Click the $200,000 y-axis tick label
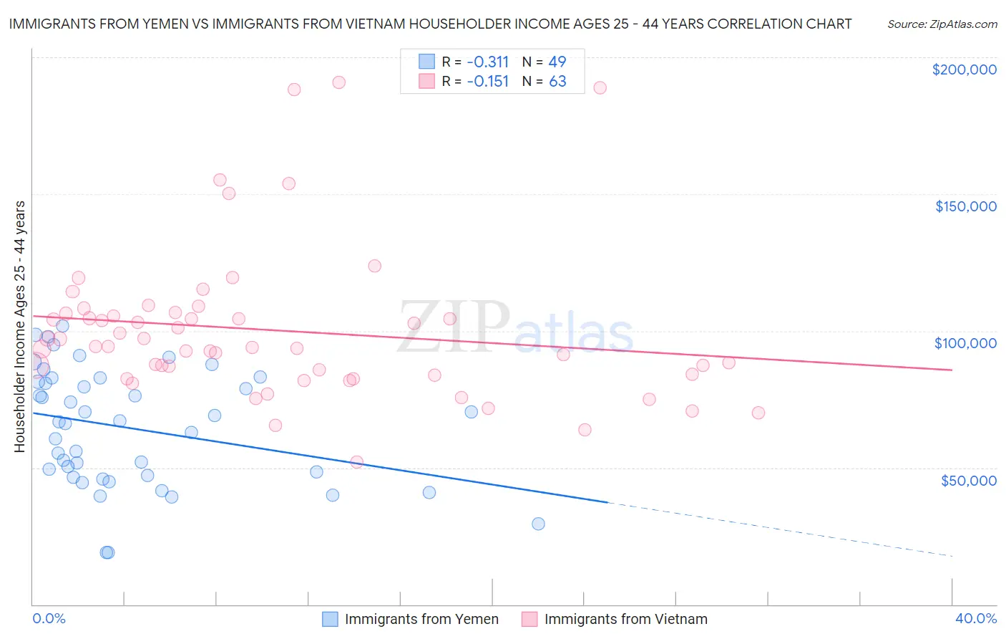pos(964,69)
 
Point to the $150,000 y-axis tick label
pos(965,206)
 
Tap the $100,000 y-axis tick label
pos(965,343)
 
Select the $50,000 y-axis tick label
pos(968,480)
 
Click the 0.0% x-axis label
pos(49,618)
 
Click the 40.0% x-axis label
pos(975,618)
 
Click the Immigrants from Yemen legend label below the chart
pos(421,619)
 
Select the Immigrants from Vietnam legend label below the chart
pos(625,619)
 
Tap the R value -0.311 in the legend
pos(487,62)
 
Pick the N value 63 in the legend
pos(557,82)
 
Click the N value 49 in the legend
pos(557,62)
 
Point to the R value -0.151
pos(487,82)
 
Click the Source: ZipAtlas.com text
pos(942,24)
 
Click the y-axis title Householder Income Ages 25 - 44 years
pos(20,327)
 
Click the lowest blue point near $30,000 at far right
pos(538,524)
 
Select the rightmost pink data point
pos(758,413)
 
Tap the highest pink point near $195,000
pos(339,82)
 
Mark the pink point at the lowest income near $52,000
pos(357,462)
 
